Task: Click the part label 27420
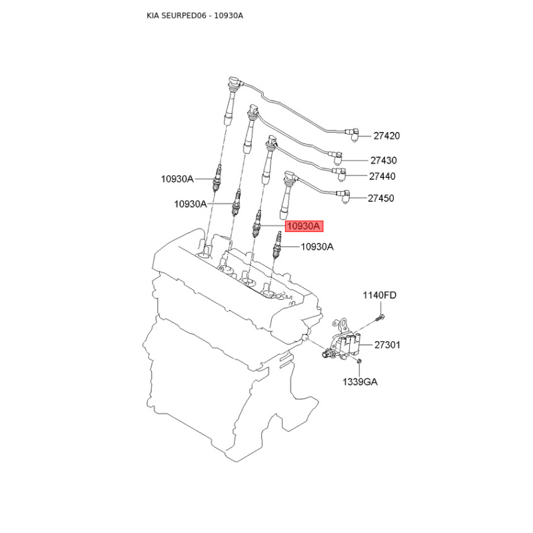point(386,136)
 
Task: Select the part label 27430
point(384,160)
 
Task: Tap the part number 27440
point(382,176)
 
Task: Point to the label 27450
point(380,198)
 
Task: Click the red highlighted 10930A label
point(304,226)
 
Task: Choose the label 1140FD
point(379,295)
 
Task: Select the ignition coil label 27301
point(387,345)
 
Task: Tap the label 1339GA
point(360,382)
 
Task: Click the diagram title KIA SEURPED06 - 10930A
point(195,15)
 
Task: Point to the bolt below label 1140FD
point(379,318)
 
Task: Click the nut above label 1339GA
point(358,361)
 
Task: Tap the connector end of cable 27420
point(352,135)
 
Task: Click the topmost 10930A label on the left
point(177,179)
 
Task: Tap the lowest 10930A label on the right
point(317,247)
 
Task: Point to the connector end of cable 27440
point(340,174)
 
